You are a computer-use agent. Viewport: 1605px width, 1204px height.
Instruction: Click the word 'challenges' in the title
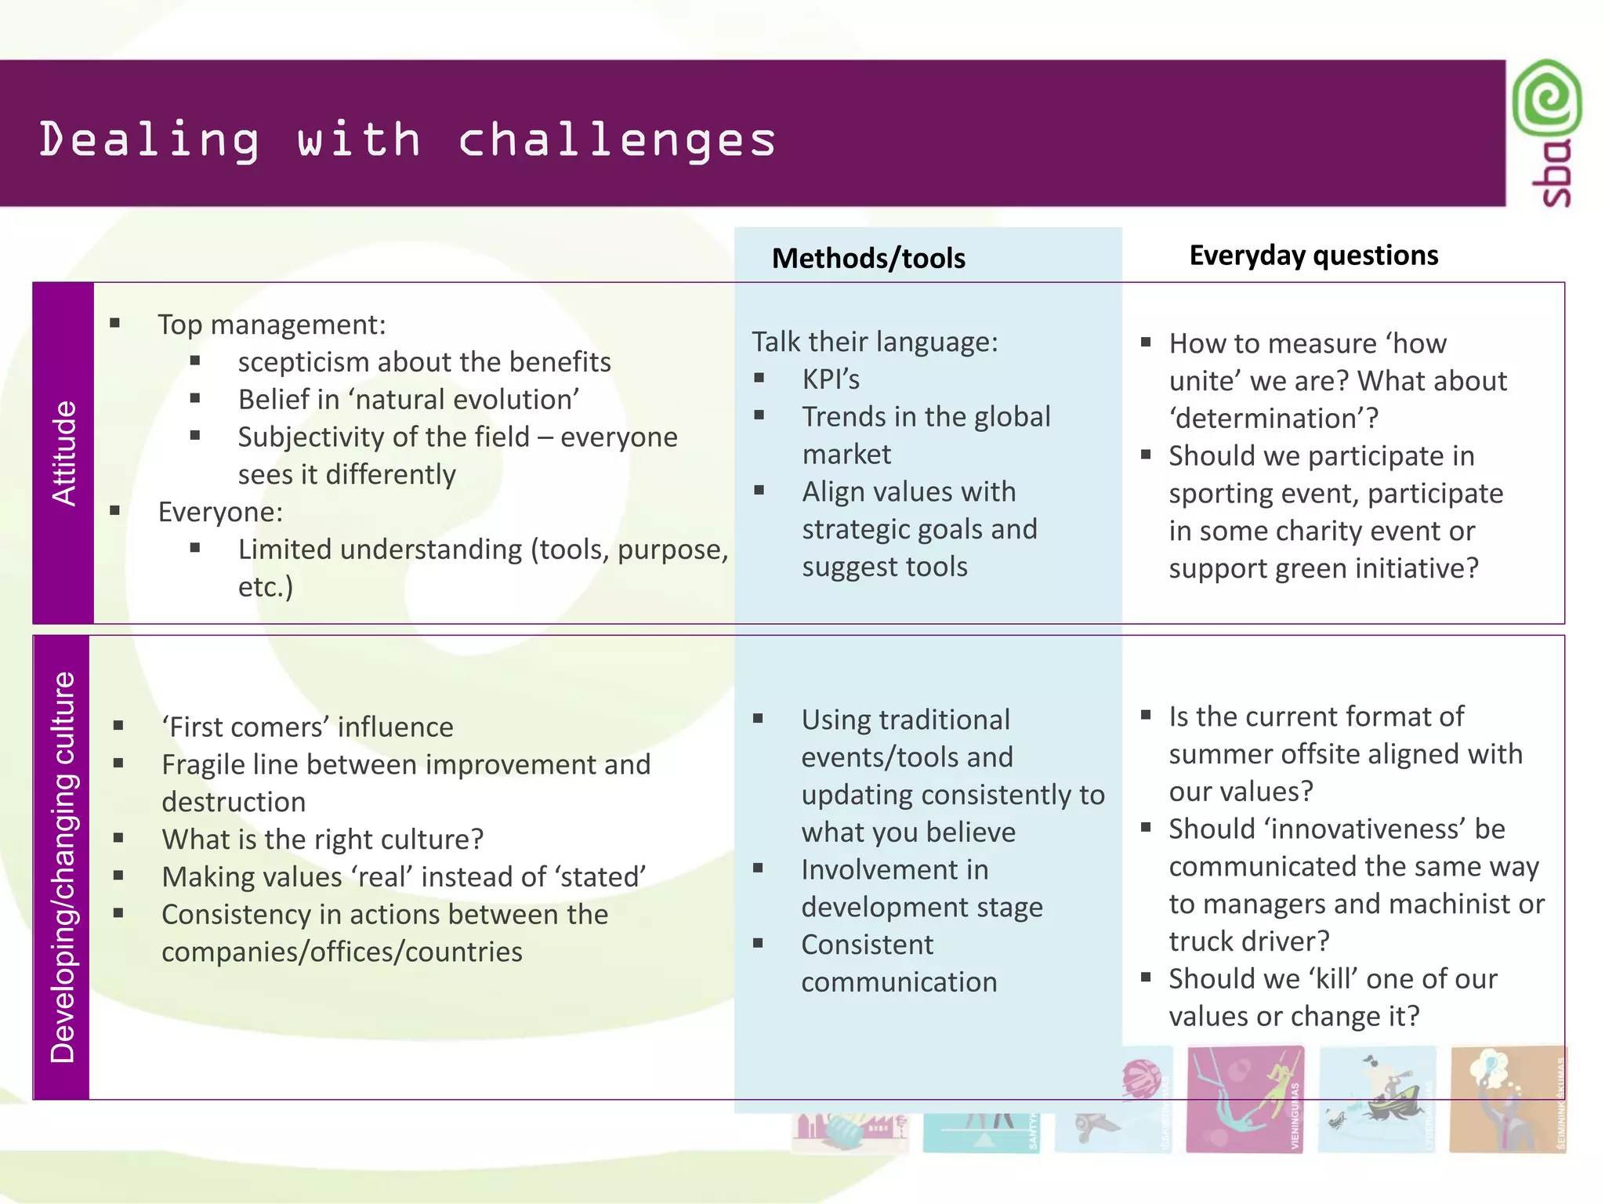pos(617,140)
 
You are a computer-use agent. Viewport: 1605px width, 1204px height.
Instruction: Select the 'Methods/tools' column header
pos(868,258)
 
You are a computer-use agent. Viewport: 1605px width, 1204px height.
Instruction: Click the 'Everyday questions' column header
pos(1313,256)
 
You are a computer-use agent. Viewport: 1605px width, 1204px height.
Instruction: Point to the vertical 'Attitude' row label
pos(63,453)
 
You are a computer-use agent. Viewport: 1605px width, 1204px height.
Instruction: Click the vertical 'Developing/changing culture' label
pos(62,866)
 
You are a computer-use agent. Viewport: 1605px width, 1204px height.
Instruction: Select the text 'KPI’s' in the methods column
pos(831,379)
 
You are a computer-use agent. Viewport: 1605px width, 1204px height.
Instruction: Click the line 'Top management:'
pos(271,325)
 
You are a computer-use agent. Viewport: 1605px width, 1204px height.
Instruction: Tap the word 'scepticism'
pos(305,362)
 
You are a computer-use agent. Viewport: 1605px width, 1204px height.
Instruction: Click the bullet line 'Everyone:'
pos(220,512)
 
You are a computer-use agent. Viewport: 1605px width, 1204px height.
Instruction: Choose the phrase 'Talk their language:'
pos(875,342)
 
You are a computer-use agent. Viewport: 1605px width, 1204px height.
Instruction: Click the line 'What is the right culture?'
pos(322,840)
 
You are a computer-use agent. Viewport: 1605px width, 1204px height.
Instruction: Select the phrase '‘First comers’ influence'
pos(307,727)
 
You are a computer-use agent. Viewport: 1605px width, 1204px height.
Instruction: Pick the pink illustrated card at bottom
pos(1245,1099)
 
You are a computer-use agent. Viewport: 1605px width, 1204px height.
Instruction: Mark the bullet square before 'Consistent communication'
pos(758,943)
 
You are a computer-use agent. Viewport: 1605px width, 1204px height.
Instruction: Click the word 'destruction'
pos(234,802)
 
